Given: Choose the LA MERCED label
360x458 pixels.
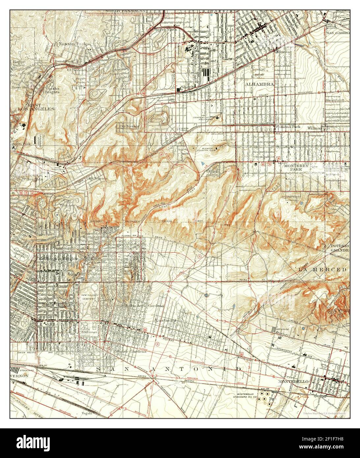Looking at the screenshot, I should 322,269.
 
